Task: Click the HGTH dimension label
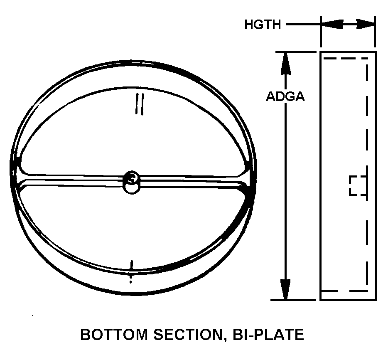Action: [263, 25]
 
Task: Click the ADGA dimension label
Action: [285, 96]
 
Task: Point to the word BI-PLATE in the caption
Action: [271, 335]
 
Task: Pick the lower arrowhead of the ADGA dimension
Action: [285, 289]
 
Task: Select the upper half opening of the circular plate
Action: [133, 133]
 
